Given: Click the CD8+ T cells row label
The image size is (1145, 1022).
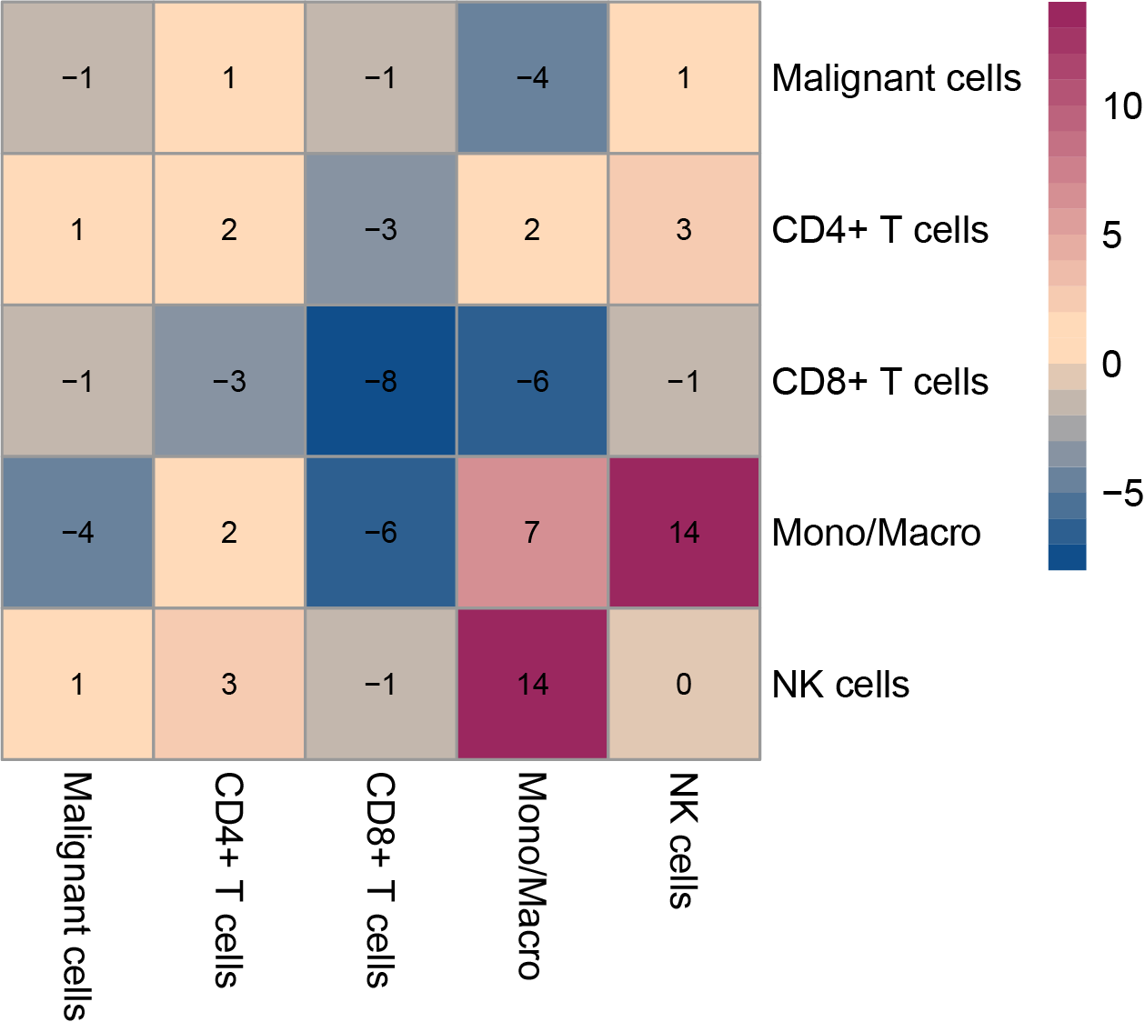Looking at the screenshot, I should [879, 382].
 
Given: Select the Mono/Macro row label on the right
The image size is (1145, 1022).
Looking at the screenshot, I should [876, 533].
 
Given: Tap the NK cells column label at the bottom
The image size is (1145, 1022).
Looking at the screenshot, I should [683, 840].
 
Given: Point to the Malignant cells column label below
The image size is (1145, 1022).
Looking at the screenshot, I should [77, 896].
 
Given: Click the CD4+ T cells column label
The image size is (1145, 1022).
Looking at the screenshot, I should [228, 880].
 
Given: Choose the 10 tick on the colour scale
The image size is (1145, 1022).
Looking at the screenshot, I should [1121, 106].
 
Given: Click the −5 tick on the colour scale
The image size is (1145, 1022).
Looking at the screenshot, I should [1121, 494].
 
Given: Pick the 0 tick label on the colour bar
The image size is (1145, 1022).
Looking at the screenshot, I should [1111, 365].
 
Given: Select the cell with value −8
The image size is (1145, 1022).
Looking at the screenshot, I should [380, 381].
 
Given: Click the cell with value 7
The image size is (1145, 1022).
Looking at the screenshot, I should [532, 533].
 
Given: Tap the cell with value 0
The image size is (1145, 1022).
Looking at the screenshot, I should [684, 684].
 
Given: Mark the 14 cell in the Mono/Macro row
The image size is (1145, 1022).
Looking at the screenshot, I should [684, 533].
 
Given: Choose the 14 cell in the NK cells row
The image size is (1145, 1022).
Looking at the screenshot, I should [532, 684].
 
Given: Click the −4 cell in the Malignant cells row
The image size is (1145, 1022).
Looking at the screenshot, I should [532, 78].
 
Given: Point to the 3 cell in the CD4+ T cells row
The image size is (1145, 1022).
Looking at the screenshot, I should [684, 230].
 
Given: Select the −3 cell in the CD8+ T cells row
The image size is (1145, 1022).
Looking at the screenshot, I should [229, 381].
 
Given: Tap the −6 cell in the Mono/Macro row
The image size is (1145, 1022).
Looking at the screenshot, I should [380, 533].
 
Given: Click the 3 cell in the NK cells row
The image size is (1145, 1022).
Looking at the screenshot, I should [229, 684].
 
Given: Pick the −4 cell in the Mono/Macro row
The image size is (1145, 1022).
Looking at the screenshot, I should [77, 533].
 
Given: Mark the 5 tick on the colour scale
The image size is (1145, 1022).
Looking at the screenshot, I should [1111, 235].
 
